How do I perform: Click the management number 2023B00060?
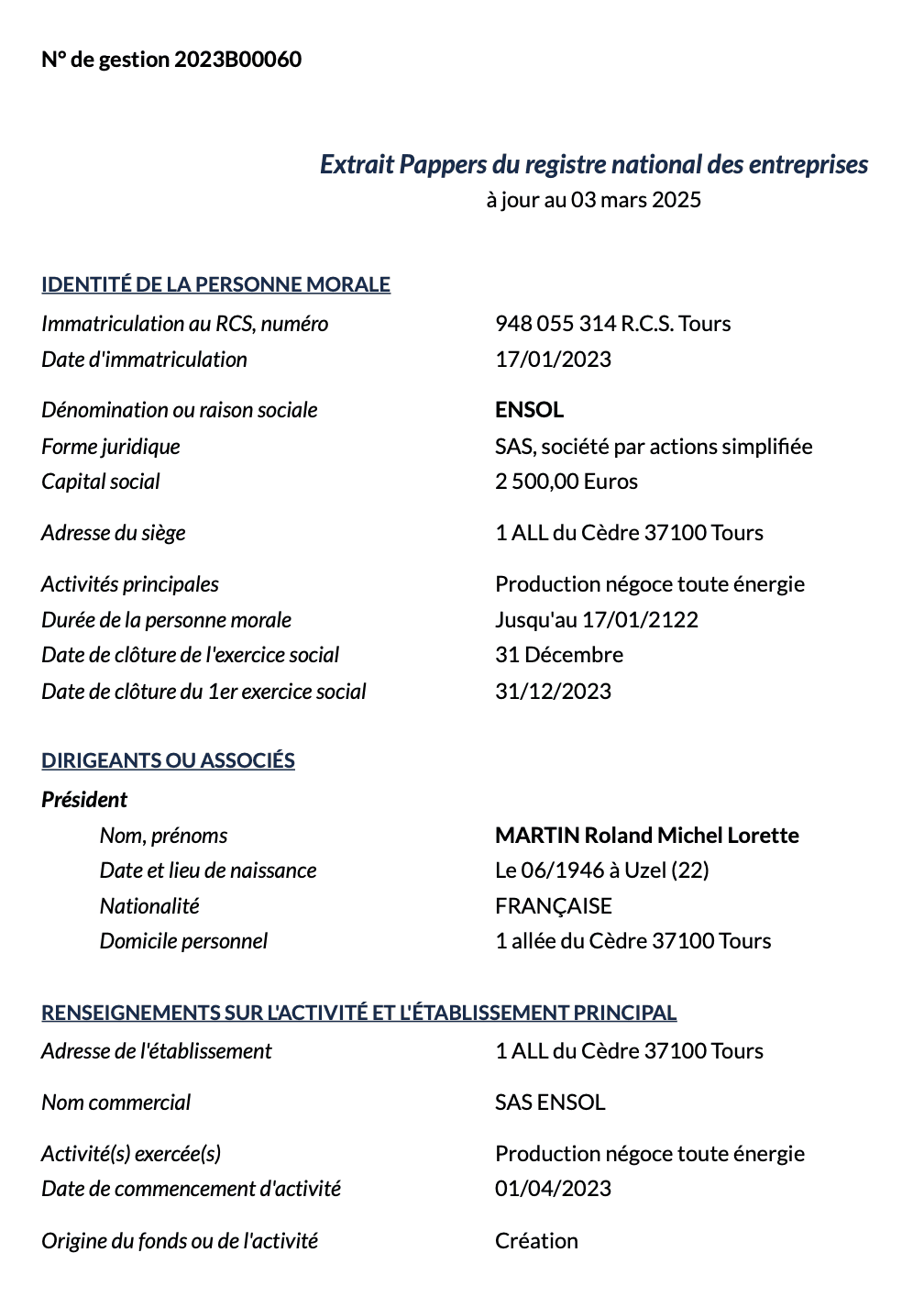pyautogui.click(x=237, y=60)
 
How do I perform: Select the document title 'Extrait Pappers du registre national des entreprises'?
pyautogui.click(x=594, y=164)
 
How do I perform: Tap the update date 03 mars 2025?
pyautogui.click(x=636, y=200)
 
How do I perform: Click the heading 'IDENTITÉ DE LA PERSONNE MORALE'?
pyautogui.click(x=215, y=284)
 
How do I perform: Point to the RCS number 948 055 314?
pyautogui.click(x=555, y=324)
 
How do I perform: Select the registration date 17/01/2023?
pyautogui.click(x=553, y=360)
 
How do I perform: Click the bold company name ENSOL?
pyautogui.click(x=529, y=410)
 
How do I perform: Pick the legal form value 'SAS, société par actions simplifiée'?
pyautogui.click(x=654, y=447)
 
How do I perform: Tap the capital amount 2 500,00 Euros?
pyautogui.click(x=566, y=482)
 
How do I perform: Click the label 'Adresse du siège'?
pyautogui.click(x=114, y=533)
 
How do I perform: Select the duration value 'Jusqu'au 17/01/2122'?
pyautogui.click(x=597, y=620)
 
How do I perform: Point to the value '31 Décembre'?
pyautogui.click(x=559, y=655)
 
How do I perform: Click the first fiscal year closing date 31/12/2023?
pyautogui.click(x=553, y=692)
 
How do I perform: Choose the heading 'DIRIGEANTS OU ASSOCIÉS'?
pyautogui.click(x=168, y=760)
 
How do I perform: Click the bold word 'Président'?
pyautogui.click(x=84, y=800)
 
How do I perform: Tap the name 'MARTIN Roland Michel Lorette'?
pyautogui.click(x=647, y=836)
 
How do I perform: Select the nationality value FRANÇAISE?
pyautogui.click(x=553, y=906)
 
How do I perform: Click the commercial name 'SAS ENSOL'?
pyautogui.click(x=550, y=1103)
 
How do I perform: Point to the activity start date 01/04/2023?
pyautogui.click(x=553, y=1189)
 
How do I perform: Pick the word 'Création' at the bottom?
pyautogui.click(x=536, y=1241)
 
